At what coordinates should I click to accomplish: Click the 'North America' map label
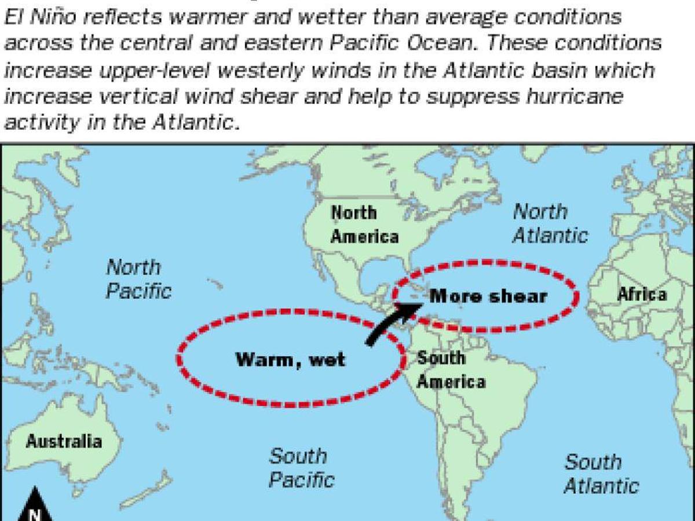(364, 225)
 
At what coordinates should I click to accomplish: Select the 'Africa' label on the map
(642, 294)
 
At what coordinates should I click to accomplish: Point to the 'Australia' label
(64, 442)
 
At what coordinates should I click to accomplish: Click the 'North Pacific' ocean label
(138, 278)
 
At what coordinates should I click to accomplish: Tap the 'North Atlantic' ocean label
(549, 223)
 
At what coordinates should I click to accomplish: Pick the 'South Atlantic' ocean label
(601, 474)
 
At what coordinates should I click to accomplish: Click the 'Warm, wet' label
(290, 359)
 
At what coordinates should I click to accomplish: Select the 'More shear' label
(488, 296)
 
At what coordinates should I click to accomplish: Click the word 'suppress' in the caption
(461, 96)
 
